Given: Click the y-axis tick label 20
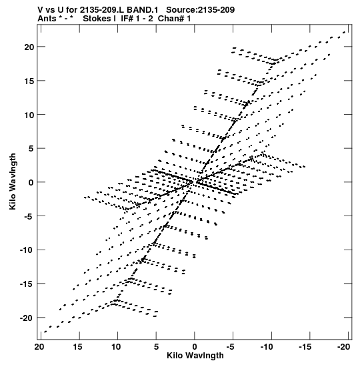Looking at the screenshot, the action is (29, 47).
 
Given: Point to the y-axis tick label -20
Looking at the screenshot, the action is (27, 318).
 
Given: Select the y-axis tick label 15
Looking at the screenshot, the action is (29, 81).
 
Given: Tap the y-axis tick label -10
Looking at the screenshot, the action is (27, 250).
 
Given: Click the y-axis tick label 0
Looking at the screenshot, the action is (31, 183).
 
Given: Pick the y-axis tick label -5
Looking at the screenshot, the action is (29, 216).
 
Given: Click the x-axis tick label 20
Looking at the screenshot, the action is (39, 347).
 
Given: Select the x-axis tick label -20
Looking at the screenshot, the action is (344, 347).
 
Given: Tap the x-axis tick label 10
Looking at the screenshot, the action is (116, 347).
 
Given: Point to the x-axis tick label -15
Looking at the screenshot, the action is (305, 347).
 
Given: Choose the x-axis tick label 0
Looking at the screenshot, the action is (195, 347).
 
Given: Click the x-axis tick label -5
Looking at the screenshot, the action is (231, 347).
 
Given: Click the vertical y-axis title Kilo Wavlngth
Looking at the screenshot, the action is (13, 181).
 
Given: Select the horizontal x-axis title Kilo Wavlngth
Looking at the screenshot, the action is (195, 356).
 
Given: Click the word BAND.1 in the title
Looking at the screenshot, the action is (143, 10).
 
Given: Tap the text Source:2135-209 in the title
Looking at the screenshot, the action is (201, 10).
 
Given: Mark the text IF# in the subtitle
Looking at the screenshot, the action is (127, 19).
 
